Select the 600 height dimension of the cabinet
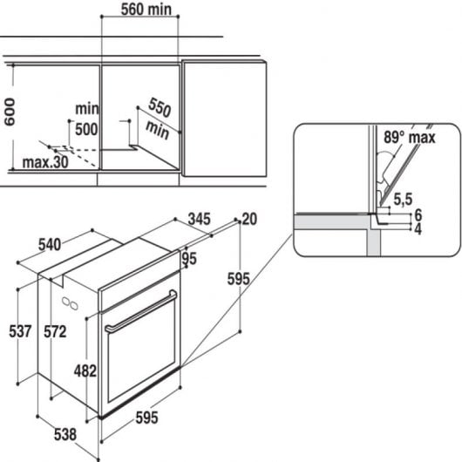point(10,112)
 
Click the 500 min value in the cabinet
point(85,129)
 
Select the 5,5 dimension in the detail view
point(403,200)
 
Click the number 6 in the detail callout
point(418,214)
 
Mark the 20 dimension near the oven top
point(251,219)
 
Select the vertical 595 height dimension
point(238,279)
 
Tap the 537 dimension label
point(20,331)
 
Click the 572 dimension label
point(57,331)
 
